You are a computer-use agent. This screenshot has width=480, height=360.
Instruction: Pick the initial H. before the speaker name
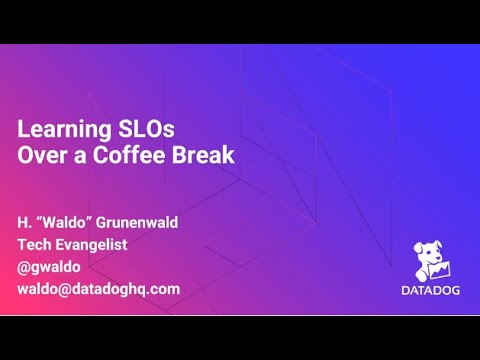(24, 222)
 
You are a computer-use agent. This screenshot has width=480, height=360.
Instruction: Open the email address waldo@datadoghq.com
(99, 288)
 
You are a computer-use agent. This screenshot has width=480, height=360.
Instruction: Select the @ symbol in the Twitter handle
(23, 266)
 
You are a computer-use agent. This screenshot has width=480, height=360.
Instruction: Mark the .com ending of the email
(163, 288)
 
